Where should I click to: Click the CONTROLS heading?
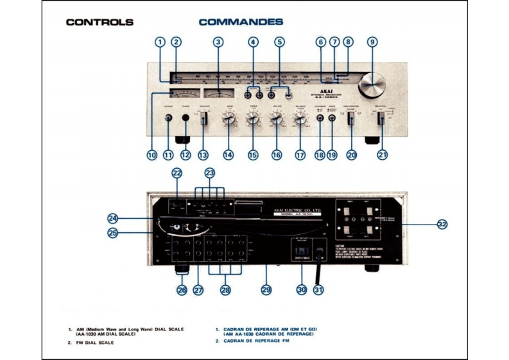click(99, 22)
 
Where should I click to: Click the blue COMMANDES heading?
click(241, 22)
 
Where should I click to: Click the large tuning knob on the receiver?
click(372, 83)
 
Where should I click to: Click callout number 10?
click(151, 155)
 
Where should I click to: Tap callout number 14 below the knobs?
click(229, 155)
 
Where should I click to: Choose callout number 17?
click(300, 155)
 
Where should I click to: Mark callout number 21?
click(383, 155)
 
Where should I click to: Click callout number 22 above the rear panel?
click(177, 173)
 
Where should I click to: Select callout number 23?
click(209, 173)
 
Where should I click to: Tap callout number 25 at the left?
click(113, 234)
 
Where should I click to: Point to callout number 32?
click(442, 224)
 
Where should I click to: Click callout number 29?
click(266, 290)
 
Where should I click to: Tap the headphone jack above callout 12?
click(186, 118)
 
